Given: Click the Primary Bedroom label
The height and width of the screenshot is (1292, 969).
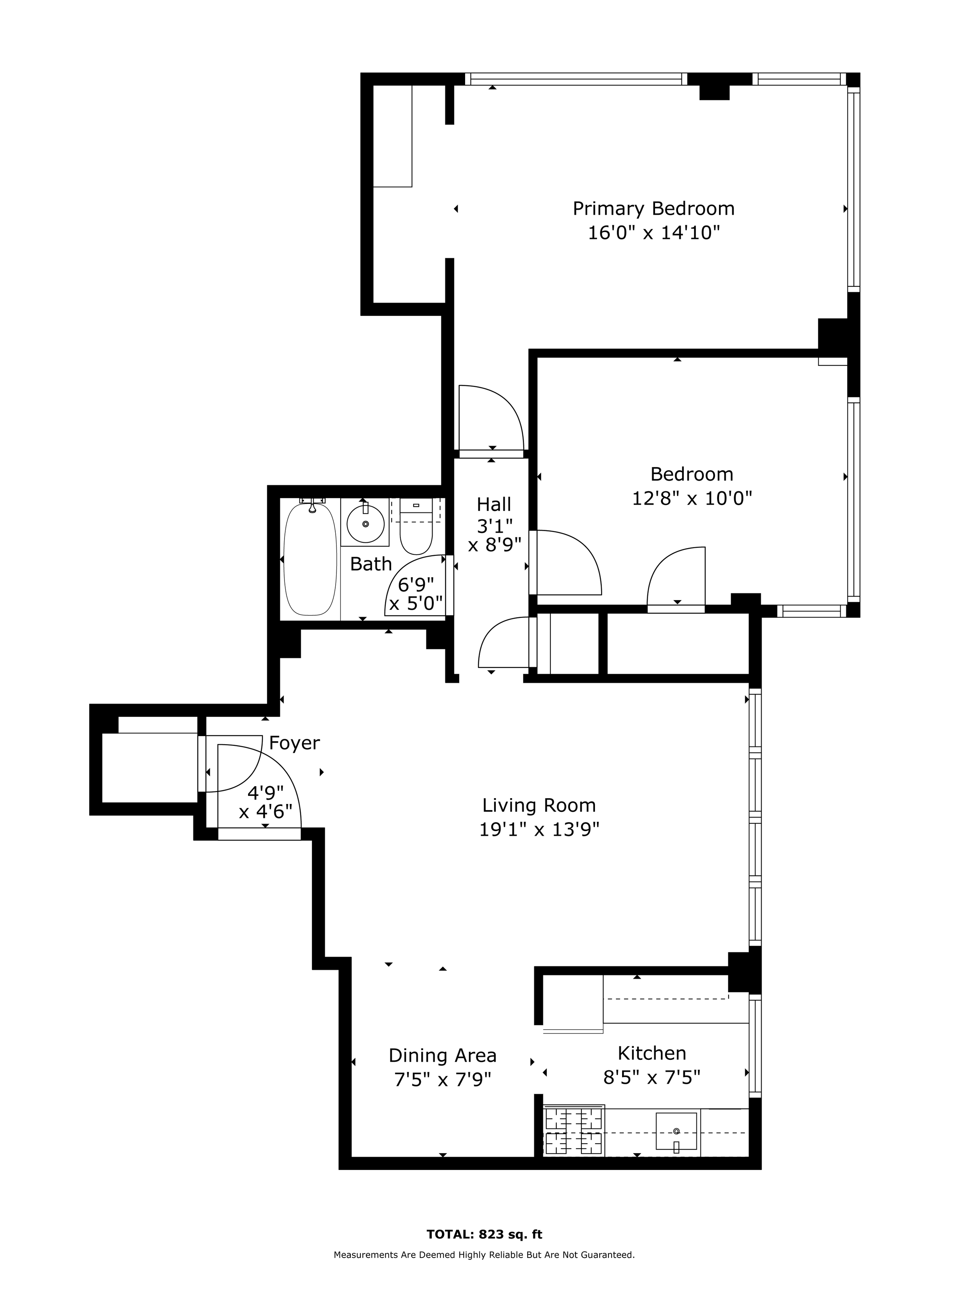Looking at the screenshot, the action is tap(653, 209).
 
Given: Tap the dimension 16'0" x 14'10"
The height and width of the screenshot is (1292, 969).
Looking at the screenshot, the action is tap(653, 233).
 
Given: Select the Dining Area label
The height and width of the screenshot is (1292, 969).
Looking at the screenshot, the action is tap(442, 1056).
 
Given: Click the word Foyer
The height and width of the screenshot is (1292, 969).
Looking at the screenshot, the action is tap(294, 743).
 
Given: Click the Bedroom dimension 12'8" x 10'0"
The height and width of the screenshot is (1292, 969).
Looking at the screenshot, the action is tap(692, 498).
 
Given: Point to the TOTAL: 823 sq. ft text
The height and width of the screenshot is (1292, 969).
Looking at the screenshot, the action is tap(484, 1234).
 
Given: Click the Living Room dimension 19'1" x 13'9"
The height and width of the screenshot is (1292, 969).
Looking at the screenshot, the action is tap(539, 830).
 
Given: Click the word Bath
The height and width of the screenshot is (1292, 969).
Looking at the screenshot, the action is tap(371, 564).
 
